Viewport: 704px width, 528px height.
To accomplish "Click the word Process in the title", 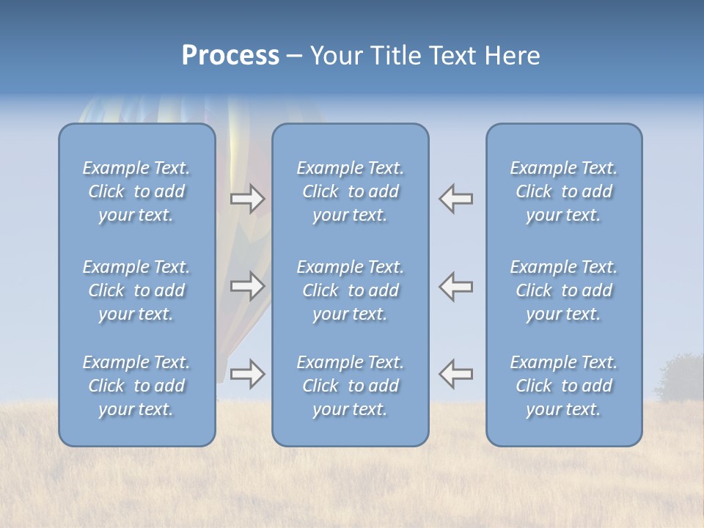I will tap(230, 56).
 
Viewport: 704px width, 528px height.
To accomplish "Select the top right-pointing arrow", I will tap(248, 199).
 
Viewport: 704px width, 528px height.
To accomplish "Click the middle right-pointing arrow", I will tap(248, 286).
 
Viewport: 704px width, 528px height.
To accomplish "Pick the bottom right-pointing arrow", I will tap(248, 374).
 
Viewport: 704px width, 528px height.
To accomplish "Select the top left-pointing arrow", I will tap(456, 199).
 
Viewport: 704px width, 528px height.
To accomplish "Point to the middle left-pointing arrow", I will tap(456, 286).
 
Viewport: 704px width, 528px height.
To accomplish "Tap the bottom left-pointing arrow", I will tap(456, 374).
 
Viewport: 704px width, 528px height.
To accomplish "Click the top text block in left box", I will tap(136, 191).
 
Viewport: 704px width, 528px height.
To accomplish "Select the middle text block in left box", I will tap(136, 290).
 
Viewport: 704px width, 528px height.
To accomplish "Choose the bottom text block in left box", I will tap(136, 386).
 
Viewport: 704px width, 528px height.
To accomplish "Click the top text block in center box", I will tap(350, 191).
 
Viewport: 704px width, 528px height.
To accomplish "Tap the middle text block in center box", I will tap(350, 290).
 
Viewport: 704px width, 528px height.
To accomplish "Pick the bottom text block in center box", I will tap(350, 386).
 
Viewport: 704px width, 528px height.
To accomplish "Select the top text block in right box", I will tap(563, 191).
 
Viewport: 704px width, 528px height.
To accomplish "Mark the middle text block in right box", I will tap(563, 290).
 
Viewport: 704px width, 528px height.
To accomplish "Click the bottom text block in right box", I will tap(563, 386).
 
